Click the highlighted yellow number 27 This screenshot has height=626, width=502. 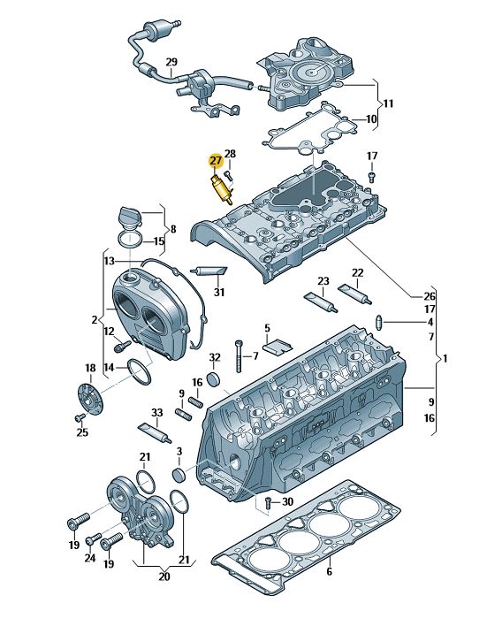click(216, 161)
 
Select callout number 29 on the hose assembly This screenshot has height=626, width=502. click(171, 62)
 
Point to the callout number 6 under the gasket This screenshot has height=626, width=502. click(329, 572)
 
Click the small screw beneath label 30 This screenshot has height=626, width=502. click(269, 503)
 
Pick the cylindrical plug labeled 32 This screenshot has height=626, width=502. click(215, 379)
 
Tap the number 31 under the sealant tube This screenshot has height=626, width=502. click(219, 293)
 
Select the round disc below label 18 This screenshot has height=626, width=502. click(90, 400)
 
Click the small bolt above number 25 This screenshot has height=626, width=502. click(80, 417)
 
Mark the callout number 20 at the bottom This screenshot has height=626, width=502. click(164, 576)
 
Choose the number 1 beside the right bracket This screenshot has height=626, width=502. click(445, 358)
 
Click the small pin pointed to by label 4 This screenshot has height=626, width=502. click(380, 322)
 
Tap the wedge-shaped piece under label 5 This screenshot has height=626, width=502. click(279, 345)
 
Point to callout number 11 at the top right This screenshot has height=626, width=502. click(388, 103)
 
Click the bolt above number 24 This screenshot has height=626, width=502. click(94, 539)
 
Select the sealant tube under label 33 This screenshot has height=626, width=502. click(155, 432)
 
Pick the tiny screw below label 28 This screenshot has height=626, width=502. click(228, 175)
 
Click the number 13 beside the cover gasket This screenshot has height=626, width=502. click(109, 261)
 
